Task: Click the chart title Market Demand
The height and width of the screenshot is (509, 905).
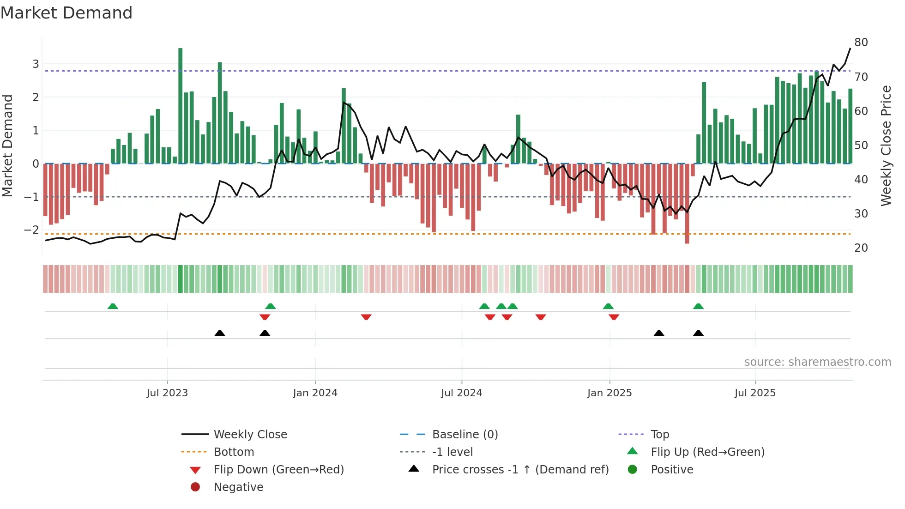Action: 66,13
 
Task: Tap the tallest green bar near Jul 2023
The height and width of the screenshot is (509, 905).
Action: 180,106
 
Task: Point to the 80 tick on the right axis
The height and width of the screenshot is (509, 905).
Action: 861,42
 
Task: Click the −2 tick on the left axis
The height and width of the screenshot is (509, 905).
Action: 31,230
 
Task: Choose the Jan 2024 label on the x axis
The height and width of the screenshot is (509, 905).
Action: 315,393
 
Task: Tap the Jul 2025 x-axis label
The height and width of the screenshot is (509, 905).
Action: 755,393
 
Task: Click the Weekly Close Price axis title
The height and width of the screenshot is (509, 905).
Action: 886,145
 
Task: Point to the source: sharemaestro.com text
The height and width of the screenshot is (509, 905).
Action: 817,362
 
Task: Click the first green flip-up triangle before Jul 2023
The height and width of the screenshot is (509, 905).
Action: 113,306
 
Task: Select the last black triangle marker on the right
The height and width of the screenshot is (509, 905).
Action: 698,333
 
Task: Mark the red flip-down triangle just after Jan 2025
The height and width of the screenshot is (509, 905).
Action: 614,317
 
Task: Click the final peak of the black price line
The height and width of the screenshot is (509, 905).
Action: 850,48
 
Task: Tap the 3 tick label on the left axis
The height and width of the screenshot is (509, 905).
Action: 36,64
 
